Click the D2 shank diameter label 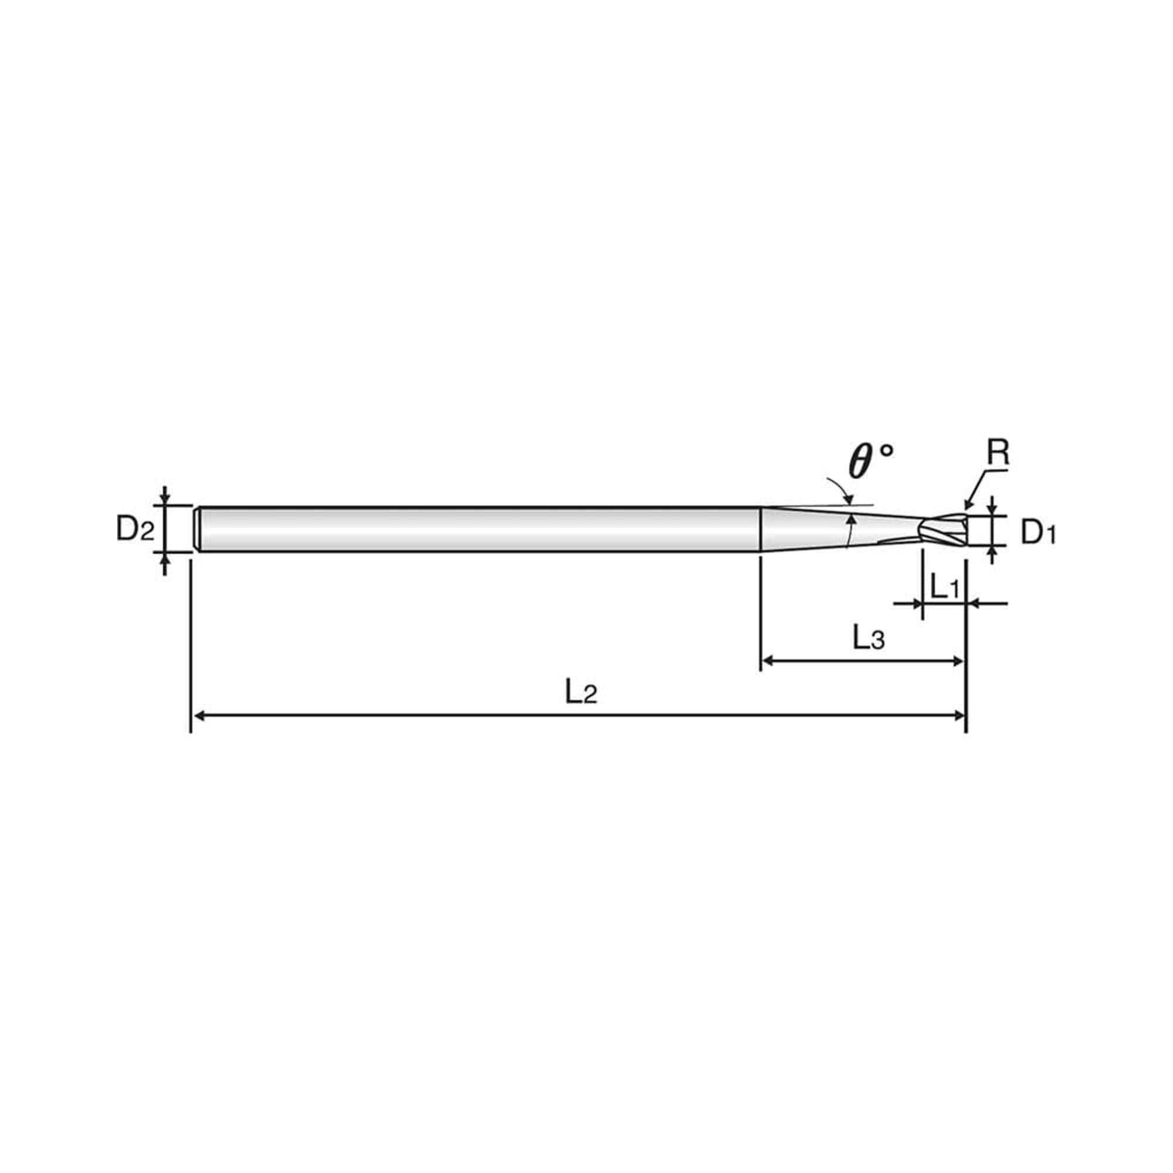135,530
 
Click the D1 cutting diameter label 1039,533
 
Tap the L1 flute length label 945,587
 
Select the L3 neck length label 868,639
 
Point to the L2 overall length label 581,691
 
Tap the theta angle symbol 870,461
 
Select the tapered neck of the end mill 841,530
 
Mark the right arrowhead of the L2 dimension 960,716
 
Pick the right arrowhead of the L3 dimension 958,660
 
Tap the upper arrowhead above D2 165,499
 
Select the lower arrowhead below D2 165,559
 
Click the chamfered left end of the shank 197,530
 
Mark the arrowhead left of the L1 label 915,604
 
